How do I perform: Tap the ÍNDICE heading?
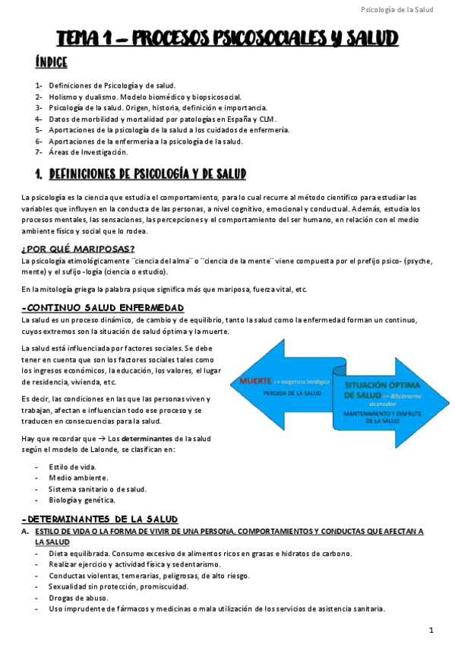click(x=51, y=62)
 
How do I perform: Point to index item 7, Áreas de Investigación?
click(x=88, y=152)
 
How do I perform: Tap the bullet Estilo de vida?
click(x=72, y=466)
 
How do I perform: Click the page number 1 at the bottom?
click(x=431, y=630)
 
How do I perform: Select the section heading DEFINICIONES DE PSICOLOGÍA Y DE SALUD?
click(x=147, y=175)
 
